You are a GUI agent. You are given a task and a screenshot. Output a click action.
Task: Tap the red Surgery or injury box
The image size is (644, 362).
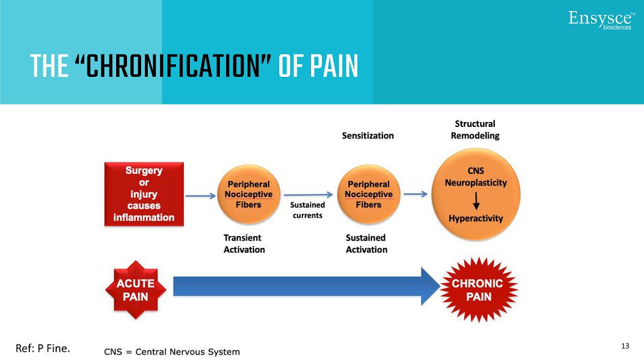(x=144, y=194)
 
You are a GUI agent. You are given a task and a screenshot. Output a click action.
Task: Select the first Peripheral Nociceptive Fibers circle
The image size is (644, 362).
(x=248, y=194)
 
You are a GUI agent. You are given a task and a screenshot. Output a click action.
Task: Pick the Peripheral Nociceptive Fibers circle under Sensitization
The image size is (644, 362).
(x=368, y=194)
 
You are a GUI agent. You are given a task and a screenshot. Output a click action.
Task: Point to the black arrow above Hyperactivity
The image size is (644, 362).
(x=476, y=201)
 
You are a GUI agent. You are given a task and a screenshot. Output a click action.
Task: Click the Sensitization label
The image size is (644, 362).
(x=368, y=136)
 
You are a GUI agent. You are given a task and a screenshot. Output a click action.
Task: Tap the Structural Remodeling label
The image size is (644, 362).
(x=475, y=130)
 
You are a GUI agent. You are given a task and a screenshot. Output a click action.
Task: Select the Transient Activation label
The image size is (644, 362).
(x=244, y=244)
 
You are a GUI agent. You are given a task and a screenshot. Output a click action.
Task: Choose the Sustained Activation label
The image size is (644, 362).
(x=367, y=244)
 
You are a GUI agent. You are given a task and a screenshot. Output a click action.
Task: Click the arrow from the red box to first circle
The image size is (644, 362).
(x=200, y=196)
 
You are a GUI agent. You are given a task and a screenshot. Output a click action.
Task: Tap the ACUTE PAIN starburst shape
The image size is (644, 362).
(x=136, y=290)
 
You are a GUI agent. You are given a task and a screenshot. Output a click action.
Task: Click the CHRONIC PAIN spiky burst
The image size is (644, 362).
(x=478, y=290)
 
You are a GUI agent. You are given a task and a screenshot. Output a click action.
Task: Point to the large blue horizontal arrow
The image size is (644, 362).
(x=306, y=286)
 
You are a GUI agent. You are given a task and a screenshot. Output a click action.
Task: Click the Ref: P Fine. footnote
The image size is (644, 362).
(x=43, y=349)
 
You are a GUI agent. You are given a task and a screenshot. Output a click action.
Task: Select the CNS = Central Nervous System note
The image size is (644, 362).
(x=172, y=352)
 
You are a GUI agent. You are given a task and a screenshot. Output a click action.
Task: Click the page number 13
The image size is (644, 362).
(x=624, y=346)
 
